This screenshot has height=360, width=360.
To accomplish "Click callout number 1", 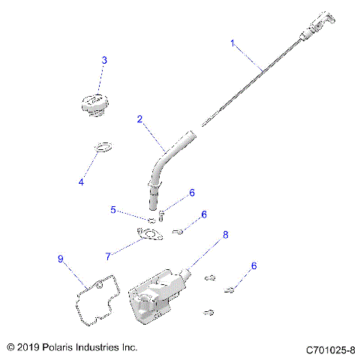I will [232, 43].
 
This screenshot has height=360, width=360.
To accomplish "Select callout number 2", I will [139, 118].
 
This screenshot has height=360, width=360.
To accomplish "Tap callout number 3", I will [104, 59].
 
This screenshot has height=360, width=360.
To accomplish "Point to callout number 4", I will [82, 182].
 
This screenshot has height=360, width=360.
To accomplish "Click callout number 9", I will [61, 259].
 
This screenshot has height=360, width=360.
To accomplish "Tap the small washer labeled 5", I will [150, 220].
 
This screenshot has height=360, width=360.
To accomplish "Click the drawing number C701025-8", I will [330, 349].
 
